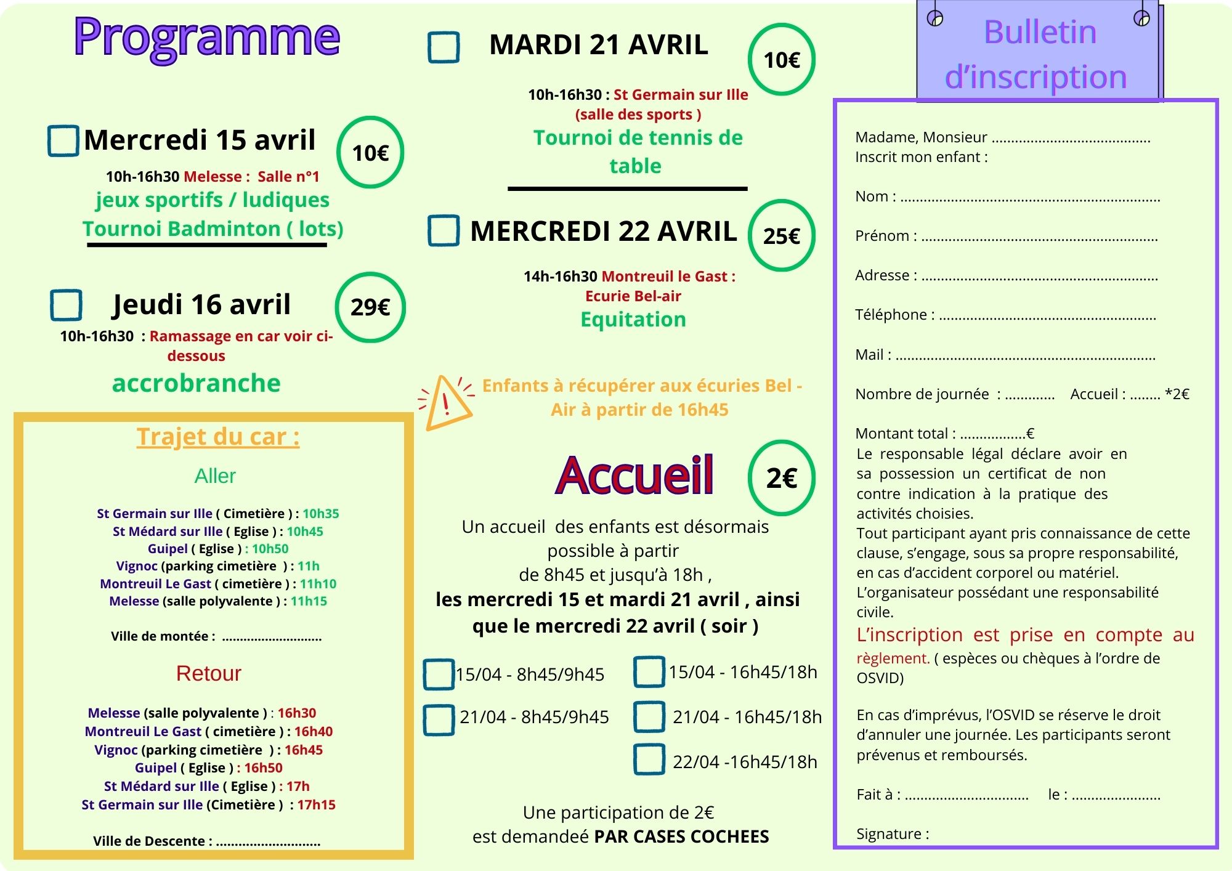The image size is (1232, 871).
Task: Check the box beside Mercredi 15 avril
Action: point(63,140)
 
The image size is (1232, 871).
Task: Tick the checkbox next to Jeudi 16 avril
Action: point(66,305)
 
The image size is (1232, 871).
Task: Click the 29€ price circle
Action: point(370,307)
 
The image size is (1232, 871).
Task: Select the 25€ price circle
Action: point(781,235)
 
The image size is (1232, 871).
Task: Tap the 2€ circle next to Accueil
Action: point(781,477)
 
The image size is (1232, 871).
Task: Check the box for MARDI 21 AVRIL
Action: point(444,47)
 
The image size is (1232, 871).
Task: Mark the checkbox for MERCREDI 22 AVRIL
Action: point(444,230)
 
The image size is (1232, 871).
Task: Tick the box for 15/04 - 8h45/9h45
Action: point(439,674)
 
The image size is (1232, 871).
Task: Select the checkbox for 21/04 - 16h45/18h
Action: point(649,716)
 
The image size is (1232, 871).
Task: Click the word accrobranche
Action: point(196,383)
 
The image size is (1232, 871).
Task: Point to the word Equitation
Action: point(633,319)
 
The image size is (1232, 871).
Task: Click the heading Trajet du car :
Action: point(218,436)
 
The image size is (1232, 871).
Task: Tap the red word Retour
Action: point(208,673)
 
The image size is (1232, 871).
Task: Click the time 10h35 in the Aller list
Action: point(320,513)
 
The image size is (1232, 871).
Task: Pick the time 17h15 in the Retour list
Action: point(316,804)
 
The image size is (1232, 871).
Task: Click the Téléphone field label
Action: point(894,315)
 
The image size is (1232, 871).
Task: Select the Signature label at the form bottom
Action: point(893,833)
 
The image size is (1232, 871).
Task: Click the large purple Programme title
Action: point(206,37)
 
